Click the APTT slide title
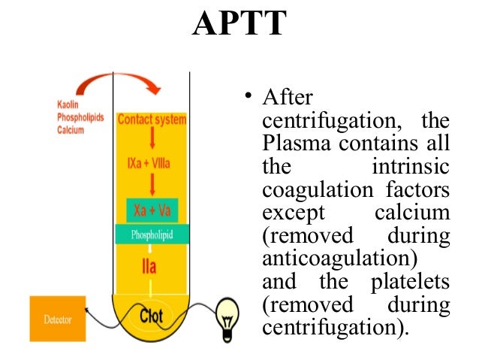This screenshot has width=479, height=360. click(x=239, y=24)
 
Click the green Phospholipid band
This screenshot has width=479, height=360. click(x=153, y=234)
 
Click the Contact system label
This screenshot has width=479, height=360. click(x=153, y=119)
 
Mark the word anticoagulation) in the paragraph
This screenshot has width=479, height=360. click(x=337, y=259)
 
